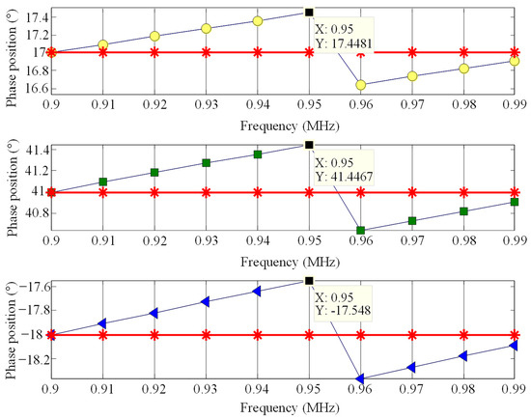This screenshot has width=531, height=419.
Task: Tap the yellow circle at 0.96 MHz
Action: (360, 85)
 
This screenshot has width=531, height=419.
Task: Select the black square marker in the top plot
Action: (309, 12)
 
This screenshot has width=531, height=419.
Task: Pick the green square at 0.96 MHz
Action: (360, 231)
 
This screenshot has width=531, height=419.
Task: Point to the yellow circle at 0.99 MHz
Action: (515, 61)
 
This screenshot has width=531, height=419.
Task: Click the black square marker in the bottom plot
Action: (309, 280)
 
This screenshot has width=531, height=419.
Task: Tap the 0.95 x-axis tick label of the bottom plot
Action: (309, 394)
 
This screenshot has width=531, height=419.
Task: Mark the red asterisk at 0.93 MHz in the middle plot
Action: (206, 192)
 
